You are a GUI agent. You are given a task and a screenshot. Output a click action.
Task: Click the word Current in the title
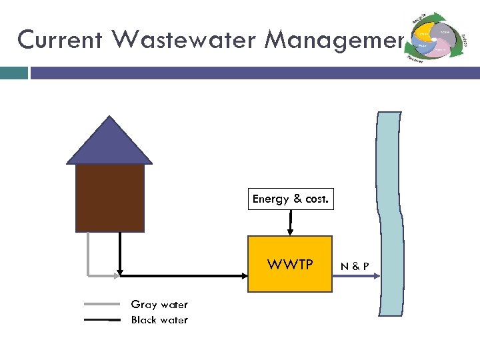tap(59, 40)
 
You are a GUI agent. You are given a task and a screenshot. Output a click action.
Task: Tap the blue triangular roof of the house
tap(109, 144)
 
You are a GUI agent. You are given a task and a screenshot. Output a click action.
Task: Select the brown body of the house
tap(110, 197)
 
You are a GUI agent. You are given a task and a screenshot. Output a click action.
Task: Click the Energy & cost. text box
tap(290, 199)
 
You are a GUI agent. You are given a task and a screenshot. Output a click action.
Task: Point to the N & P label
tap(355, 267)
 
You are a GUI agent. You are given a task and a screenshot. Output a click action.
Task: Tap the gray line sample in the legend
tap(102, 305)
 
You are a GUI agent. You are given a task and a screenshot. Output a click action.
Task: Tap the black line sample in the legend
tap(102, 320)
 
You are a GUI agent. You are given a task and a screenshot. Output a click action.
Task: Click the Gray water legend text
tap(159, 305)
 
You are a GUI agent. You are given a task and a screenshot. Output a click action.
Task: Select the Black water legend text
tap(159, 320)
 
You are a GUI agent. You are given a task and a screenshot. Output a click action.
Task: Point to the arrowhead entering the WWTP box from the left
tap(243, 274)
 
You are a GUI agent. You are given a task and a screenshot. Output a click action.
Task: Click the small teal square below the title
tap(14, 73)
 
